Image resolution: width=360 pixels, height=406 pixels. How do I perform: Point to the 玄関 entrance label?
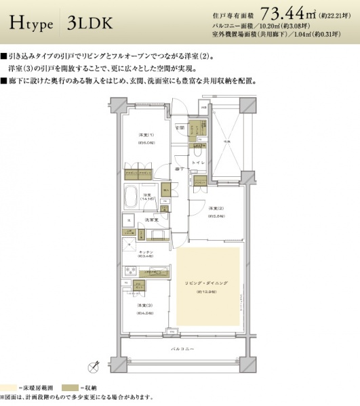point(180,127)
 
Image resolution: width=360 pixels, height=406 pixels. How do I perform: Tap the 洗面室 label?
point(153,220)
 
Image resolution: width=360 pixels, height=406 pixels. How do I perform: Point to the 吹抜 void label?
point(228,141)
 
